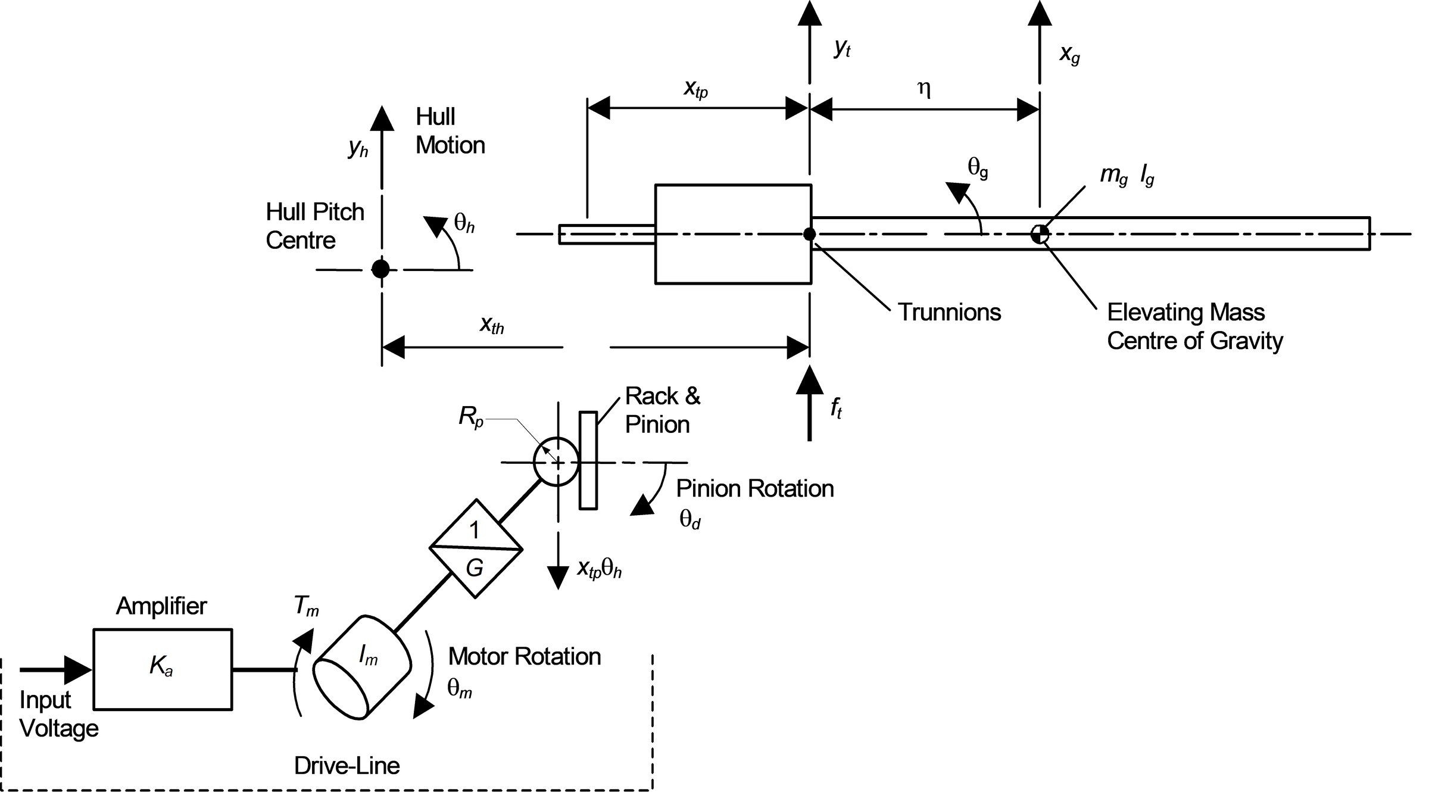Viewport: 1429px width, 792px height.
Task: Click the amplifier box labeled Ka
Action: (163, 669)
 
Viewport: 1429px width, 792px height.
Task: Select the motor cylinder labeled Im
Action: (362, 668)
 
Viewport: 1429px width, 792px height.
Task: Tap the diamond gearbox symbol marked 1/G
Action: (476, 548)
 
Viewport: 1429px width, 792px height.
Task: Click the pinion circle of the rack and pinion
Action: (557, 462)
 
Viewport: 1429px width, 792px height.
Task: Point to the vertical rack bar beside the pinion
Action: (588, 460)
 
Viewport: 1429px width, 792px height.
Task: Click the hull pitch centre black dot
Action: (380, 269)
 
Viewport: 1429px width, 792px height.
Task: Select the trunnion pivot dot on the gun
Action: (809, 234)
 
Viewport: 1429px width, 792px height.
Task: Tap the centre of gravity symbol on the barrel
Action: (1040, 234)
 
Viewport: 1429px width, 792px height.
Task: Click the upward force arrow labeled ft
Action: (809, 403)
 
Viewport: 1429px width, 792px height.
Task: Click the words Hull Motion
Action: (450, 131)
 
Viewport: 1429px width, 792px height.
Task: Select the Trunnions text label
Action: (949, 312)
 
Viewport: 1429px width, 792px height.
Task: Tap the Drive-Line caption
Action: (347, 765)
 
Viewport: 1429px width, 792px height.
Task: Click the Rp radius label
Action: (471, 417)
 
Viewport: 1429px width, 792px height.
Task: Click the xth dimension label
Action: (492, 325)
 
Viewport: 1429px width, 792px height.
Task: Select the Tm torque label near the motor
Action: (306, 606)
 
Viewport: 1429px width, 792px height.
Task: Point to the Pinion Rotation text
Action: (755, 488)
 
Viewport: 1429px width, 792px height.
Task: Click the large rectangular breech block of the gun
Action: (733, 234)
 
